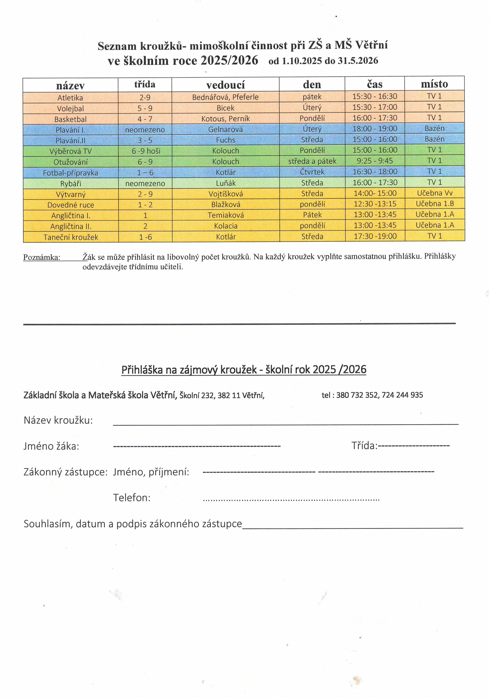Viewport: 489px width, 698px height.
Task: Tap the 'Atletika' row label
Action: [70, 98]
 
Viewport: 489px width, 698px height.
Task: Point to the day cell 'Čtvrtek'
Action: [312, 172]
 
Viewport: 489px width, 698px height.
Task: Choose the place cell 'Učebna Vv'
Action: [435, 193]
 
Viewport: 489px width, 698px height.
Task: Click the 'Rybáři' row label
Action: [70, 184]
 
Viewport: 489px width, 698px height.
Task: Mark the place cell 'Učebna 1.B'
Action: [435, 204]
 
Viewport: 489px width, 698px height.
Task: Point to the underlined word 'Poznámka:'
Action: [42, 258]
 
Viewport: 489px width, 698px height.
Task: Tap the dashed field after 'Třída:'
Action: [414, 446]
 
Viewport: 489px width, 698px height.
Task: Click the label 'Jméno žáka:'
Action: [51, 446]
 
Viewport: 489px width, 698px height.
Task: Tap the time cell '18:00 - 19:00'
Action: [375, 129]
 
